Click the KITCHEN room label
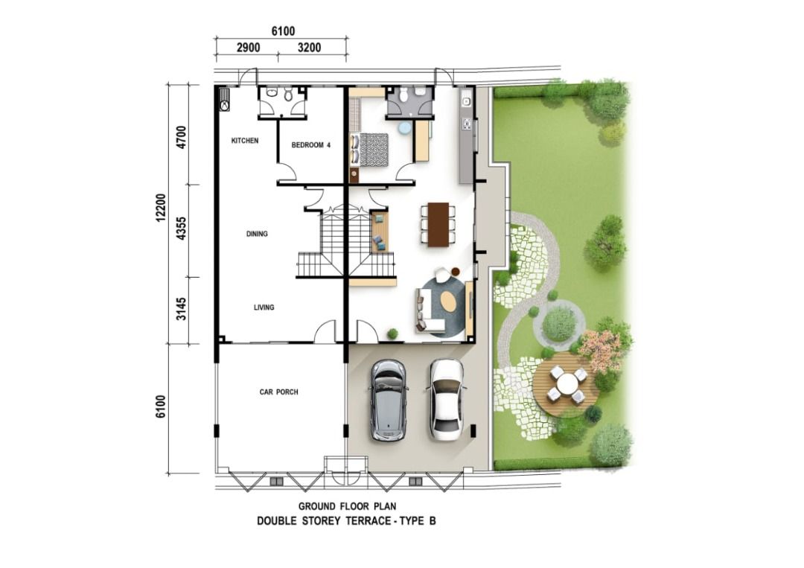pos(245,141)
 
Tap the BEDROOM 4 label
pos(310,145)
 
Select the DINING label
pos(257,234)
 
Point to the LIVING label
pos(264,307)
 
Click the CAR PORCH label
pos(278,392)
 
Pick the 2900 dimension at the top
pos(248,48)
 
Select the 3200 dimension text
pos(309,48)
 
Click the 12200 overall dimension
pos(162,208)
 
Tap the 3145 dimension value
pos(181,309)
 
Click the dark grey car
pos(389,401)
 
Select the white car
pos(446,400)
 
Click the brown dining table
pos(438,225)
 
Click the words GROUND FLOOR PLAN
pos(347,506)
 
